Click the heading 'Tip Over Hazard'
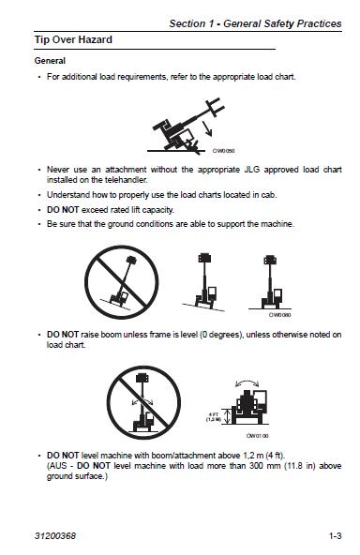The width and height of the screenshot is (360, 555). pyautogui.click(x=73, y=40)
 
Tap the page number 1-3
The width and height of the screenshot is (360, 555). pyautogui.click(x=335, y=536)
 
